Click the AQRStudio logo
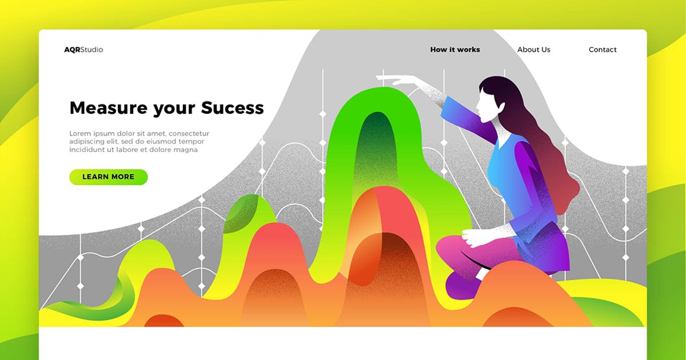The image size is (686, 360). coord(83,50)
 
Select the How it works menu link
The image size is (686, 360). coord(455,50)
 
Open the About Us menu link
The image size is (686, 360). coord(534,50)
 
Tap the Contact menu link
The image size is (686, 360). coord(603,50)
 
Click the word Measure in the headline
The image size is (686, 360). coord(109,108)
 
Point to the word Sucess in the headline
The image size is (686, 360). coord(232,108)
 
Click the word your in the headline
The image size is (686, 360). coord(174,110)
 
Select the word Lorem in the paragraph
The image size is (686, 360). coord(80,134)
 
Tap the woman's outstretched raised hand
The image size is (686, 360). coord(398,80)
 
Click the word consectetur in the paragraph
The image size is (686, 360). coord(189,134)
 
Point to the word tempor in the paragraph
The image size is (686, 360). coord(192,142)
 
